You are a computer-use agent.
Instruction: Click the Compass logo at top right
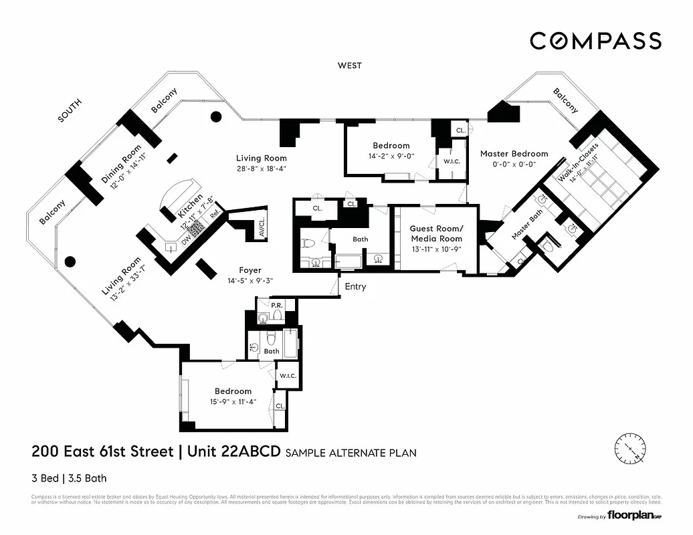click(595, 41)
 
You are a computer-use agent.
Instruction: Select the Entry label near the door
click(355, 287)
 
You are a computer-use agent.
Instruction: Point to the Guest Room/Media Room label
click(436, 233)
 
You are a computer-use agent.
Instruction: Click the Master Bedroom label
click(514, 154)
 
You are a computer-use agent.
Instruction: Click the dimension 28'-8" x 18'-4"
click(261, 169)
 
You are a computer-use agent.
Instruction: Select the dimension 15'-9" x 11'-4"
click(233, 401)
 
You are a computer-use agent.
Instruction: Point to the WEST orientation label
click(349, 66)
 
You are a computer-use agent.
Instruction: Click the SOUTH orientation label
click(70, 110)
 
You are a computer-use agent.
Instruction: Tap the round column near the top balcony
click(215, 116)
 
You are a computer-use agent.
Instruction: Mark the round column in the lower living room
click(69, 261)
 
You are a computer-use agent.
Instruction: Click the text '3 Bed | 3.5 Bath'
click(69, 478)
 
